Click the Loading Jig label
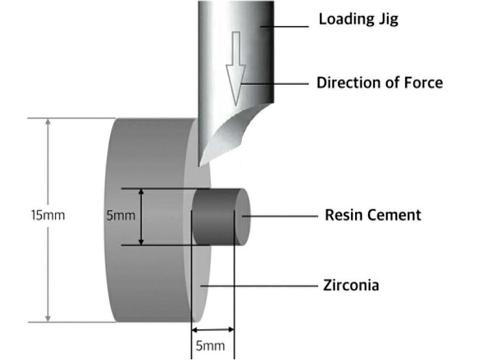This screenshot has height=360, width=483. pos(358,19)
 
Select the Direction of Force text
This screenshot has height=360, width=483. pos(379,82)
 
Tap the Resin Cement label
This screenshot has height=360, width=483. pos(372,215)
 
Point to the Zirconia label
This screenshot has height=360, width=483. pos(351,285)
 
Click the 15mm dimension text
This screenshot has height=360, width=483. pos(48,215)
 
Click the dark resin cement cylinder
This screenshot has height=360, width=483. pos(214,216)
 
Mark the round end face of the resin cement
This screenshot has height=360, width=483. pos(243,216)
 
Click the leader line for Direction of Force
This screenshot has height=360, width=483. pos(277,84)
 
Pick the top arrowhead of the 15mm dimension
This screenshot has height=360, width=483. pos(48,123)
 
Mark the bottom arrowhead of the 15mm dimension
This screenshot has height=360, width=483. pos(48,318)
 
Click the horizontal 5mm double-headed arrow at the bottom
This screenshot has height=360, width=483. pos(212,329)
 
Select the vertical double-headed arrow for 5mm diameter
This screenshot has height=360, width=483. pos(142,216)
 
